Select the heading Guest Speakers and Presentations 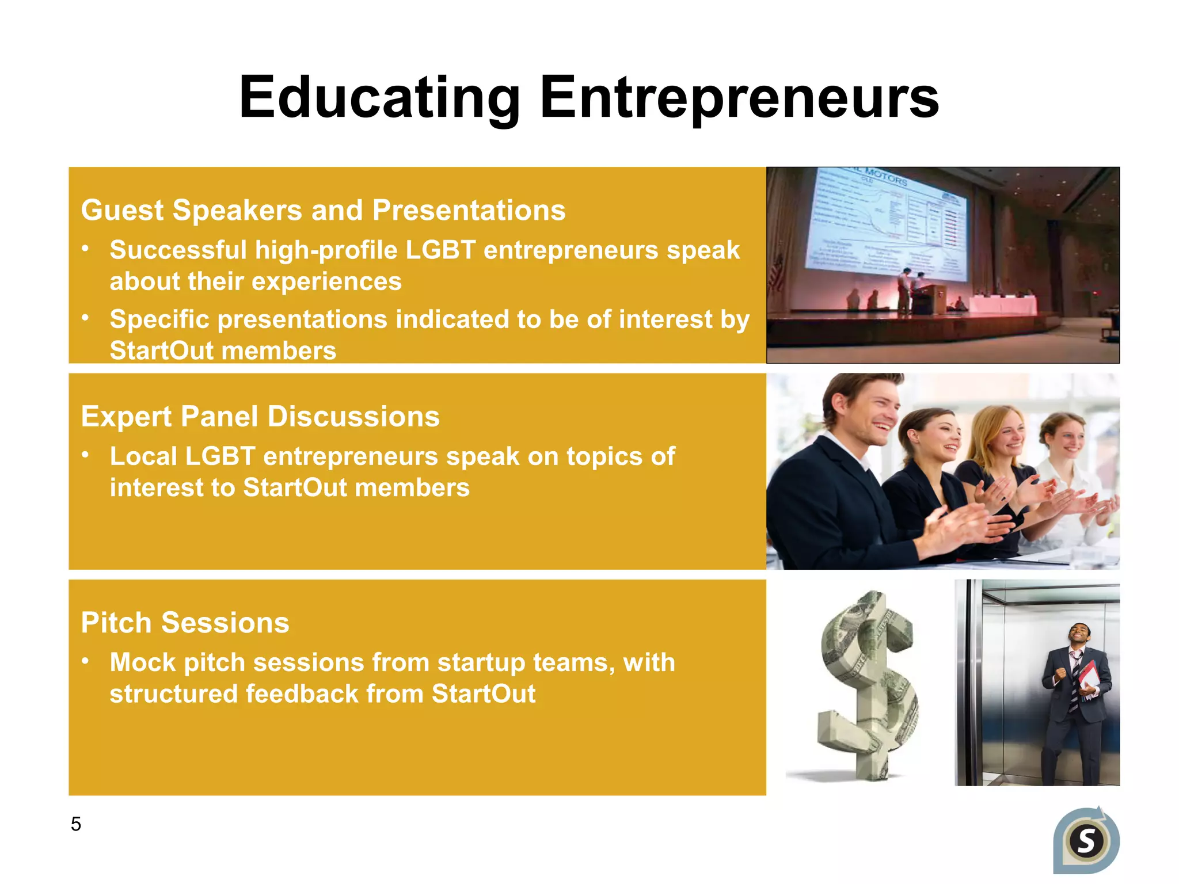click(323, 210)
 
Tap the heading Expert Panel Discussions click(260, 416)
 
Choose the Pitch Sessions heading click(185, 623)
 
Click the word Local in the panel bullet click(143, 456)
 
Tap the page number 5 click(76, 824)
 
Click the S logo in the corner click(1086, 841)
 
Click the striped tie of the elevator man click(1074, 679)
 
